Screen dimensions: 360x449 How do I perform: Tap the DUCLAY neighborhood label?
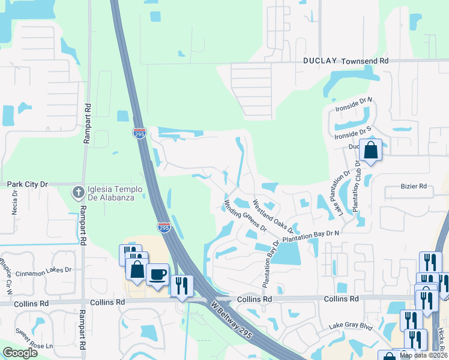pos(321,61)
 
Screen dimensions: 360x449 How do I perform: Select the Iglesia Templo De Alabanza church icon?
pos(77,193)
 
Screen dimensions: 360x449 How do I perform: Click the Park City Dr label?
pos(27,184)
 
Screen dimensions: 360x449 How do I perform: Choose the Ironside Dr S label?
pos(354,133)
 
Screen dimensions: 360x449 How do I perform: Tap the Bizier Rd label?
pos(414,187)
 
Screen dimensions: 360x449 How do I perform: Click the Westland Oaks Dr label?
pos(273,216)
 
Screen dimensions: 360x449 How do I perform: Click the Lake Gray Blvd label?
pos(351,328)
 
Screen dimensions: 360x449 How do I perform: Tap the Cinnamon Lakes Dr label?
pos(47,271)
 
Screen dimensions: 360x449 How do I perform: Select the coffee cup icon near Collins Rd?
pos(157,274)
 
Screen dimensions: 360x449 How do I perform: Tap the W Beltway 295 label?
pos(232,319)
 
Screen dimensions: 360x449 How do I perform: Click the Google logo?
pos(20,353)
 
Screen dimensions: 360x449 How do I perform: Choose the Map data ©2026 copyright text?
pos(424,355)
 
